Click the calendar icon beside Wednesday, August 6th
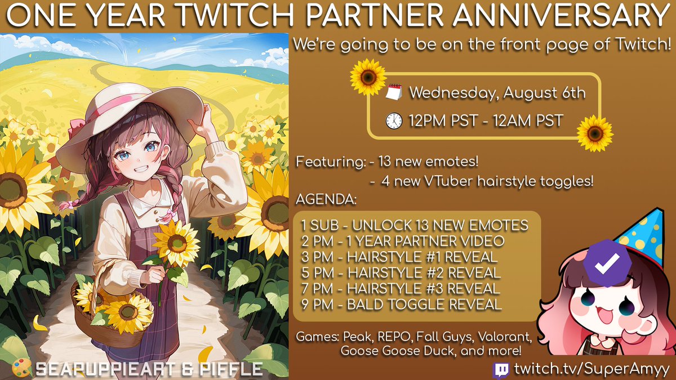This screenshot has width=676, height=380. pos(394,92)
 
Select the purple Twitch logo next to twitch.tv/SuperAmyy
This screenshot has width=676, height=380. pos(500,369)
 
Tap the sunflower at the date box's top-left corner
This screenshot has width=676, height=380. pos(368,77)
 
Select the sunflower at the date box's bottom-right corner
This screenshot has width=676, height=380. pos(595,133)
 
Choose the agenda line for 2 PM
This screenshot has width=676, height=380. pos(402,242)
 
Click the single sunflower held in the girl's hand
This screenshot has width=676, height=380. pos(176,243)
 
